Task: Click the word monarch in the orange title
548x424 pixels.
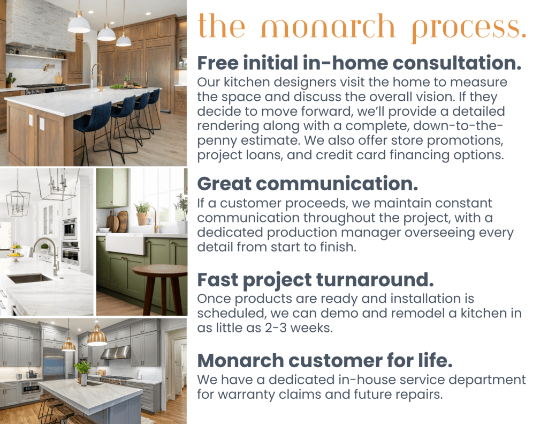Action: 328,27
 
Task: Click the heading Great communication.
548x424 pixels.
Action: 308,184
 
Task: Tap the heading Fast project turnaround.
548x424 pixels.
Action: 315,280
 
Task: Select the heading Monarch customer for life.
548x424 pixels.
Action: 325,361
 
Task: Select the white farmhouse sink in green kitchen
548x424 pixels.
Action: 125,243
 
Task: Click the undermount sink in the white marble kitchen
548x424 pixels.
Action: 29,278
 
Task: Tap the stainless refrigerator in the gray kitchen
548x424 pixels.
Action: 54,365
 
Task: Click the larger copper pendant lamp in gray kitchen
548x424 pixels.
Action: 97,336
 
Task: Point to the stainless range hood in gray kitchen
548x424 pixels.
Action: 116,353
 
